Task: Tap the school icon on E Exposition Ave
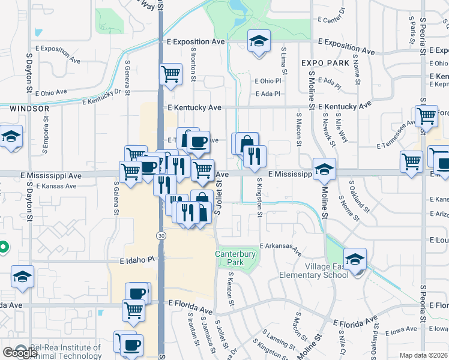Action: pyautogui.click(x=259, y=41)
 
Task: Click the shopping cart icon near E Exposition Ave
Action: pyautogui.click(x=170, y=74)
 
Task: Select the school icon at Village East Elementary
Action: pyautogui.click(x=355, y=259)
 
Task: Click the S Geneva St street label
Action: pyautogui.click(x=127, y=76)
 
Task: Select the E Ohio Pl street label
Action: pyautogui.click(x=268, y=81)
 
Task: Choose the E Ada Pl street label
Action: pyautogui.click(x=268, y=94)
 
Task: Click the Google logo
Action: pyautogui.click(x=20, y=352)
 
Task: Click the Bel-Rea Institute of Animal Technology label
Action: pyautogui.click(x=66, y=351)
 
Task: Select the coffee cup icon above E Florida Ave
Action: pyautogui.click(x=137, y=293)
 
